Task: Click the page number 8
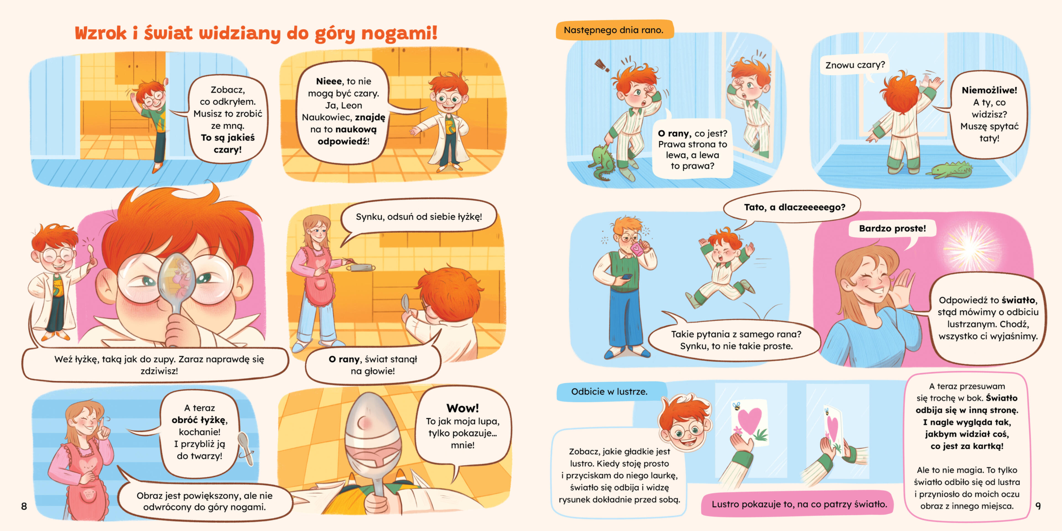pos(24,506)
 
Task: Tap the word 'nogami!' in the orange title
pos(399,33)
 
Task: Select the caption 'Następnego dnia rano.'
pos(613,30)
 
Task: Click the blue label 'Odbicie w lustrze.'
pos(609,392)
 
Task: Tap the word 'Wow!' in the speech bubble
pos(463,408)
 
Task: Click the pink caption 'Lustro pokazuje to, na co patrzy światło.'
pos(799,504)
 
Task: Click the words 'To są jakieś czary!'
pos(228,144)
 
